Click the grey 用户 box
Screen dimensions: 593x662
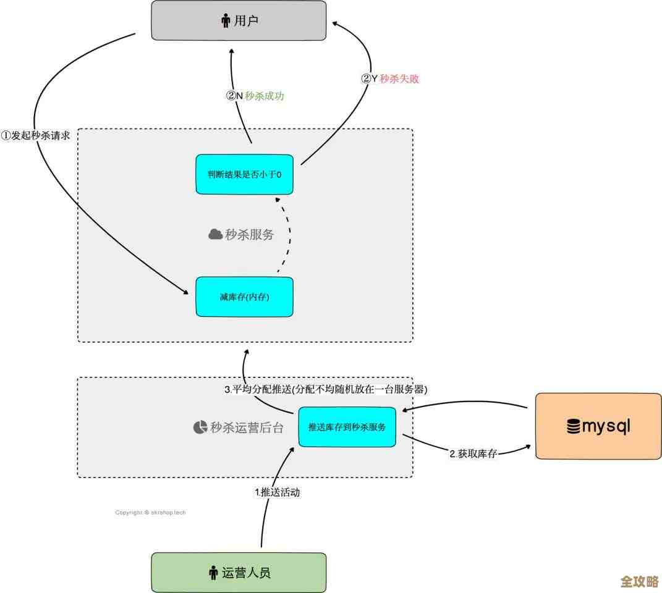239,21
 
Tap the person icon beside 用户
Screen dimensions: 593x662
226,22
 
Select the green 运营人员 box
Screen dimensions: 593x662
239,572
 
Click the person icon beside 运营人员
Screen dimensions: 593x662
213,573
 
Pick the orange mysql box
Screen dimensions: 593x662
598,426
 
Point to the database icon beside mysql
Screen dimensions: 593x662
573,427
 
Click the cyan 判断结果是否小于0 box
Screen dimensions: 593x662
244,174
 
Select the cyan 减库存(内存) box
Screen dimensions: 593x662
244,297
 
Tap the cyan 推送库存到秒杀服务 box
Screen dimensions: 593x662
347,427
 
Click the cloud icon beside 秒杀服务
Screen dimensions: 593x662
215,234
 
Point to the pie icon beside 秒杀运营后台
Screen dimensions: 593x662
200,427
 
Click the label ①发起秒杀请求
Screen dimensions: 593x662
36,136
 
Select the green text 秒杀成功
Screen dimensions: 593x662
265,96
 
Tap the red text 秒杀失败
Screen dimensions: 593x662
399,78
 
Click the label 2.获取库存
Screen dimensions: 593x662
473,453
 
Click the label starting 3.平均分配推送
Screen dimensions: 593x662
326,390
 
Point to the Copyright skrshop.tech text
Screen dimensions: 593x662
150,512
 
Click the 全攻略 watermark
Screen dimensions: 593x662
639,581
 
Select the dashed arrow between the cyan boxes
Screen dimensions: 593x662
286,235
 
